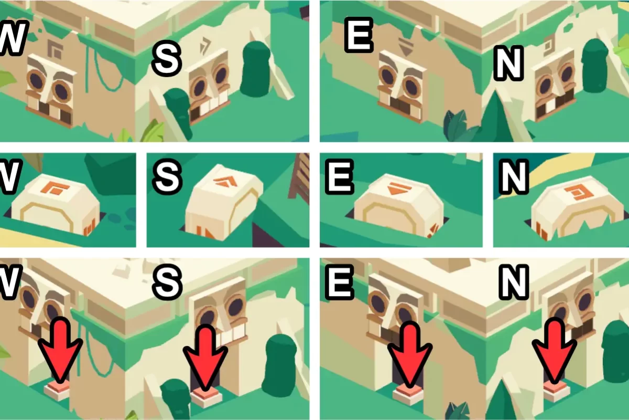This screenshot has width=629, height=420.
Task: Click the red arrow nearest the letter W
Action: click(60, 350)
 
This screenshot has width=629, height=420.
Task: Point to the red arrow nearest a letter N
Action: click(555, 352)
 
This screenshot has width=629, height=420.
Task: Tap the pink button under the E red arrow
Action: click(409, 395)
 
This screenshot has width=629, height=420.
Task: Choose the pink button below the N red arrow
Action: click(557, 392)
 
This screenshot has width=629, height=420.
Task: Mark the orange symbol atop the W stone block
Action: click(58, 187)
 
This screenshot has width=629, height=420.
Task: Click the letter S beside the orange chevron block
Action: click(167, 177)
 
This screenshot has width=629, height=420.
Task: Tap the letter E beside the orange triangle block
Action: click(339, 177)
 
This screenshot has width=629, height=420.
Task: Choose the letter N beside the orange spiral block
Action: click(514, 177)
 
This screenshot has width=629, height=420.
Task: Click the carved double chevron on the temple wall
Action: click(204, 45)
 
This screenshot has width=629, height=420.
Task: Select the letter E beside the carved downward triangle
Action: click(359, 35)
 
